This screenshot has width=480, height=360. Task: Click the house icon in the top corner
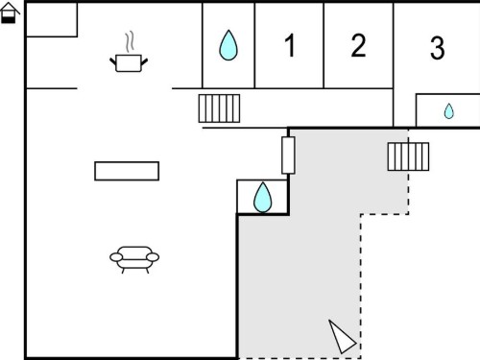point(10,13)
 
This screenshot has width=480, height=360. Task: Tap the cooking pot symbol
point(129,63)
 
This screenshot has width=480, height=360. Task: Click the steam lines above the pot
point(130,41)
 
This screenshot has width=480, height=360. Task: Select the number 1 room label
point(290,45)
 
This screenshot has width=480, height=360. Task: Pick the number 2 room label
point(358,45)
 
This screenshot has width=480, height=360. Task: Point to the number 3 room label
point(437,48)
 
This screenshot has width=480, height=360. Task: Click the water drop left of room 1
point(228,45)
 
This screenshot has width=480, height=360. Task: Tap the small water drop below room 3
point(449,111)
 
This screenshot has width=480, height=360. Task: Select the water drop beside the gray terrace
point(263,197)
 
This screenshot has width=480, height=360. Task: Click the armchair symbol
point(134,259)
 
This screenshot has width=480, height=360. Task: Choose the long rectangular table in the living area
point(127,171)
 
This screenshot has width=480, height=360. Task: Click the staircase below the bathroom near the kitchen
point(219,108)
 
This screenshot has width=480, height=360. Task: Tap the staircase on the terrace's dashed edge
point(408,156)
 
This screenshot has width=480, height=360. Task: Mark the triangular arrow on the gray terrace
point(342,337)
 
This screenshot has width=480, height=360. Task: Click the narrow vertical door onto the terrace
point(288,156)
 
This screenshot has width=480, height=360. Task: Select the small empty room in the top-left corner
point(52,20)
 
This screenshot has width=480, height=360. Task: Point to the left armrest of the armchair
point(116,257)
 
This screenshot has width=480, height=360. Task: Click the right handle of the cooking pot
point(144,61)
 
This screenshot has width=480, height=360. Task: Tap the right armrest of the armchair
point(153,257)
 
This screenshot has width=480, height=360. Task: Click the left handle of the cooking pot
point(113,61)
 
